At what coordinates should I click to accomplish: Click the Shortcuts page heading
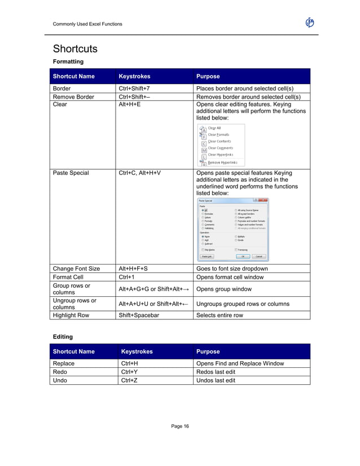click(x=75, y=49)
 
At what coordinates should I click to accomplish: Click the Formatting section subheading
click(x=68, y=61)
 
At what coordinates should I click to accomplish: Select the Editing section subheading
click(x=63, y=336)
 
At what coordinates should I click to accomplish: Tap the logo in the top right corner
click(x=309, y=23)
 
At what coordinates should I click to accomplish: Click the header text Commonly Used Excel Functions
click(x=87, y=24)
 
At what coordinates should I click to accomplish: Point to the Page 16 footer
click(x=180, y=426)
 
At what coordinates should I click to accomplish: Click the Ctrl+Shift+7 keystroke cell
click(x=134, y=89)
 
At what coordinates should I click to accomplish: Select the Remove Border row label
click(x=73, y=96)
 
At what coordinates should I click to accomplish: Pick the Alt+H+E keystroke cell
click(x=129, y=104)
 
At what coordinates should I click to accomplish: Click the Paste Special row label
click(x=71, y=173)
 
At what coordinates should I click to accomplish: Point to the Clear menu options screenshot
click(x=222, y=145)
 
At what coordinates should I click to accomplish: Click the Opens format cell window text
click(x=230, y=277)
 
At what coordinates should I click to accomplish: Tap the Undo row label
click(x=60, y=380)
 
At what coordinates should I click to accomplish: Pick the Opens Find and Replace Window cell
click(x=240, y=363)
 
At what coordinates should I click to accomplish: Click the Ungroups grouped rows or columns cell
click(x=243, y=304)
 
